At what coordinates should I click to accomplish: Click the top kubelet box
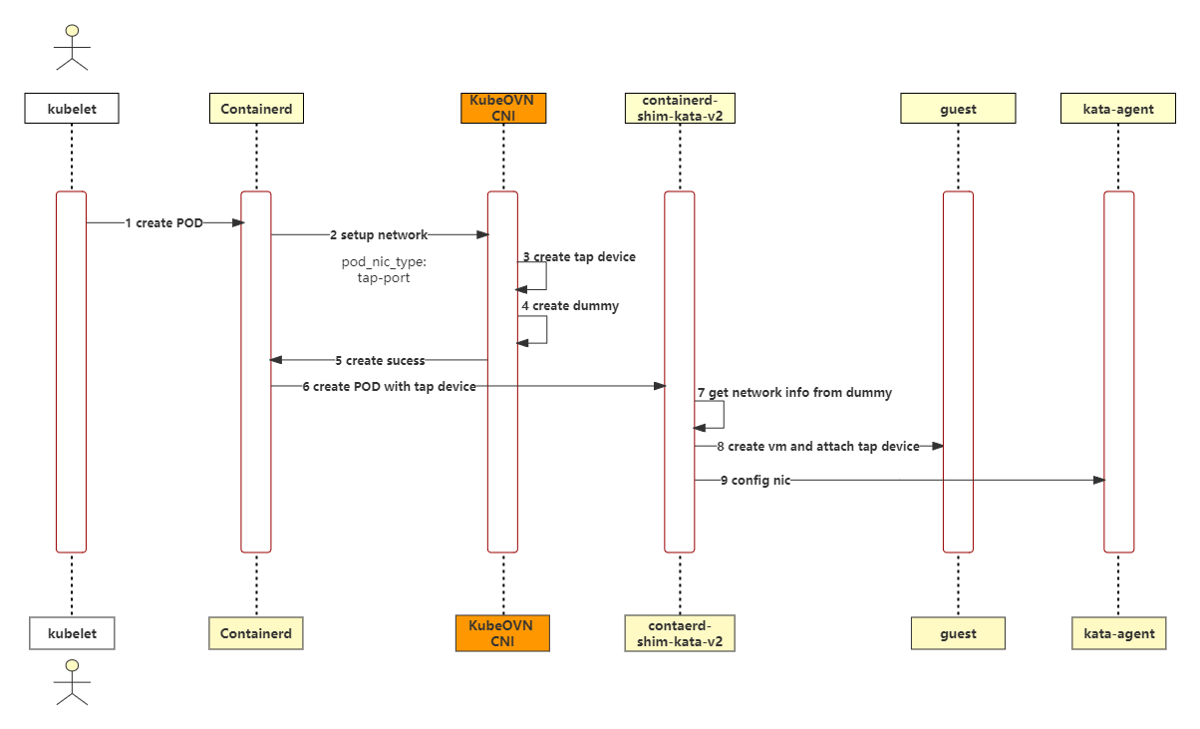pos(72,109)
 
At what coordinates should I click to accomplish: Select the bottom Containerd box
pos(256,633)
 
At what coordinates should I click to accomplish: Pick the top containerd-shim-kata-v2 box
pos(680,108)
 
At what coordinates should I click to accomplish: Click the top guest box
pos(958,109)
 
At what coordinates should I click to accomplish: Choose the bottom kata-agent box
pos(1119,633)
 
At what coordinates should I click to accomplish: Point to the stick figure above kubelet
pos(72,47)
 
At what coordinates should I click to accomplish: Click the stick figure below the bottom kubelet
pos(72,682)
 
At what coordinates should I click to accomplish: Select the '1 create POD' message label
pos(164,223)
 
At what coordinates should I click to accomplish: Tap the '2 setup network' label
pos(379,235)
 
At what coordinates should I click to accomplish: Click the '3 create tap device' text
pos(579,257)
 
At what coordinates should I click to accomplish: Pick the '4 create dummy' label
pos(570,306)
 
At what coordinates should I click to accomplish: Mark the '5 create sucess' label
pos(380,360)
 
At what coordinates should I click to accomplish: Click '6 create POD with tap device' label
pos(389,386)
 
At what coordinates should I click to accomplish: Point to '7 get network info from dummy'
pos(794,393)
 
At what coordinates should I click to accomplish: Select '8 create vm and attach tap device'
pos(817,447)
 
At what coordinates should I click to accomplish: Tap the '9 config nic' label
pos(755,480)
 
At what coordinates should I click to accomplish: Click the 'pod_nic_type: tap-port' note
pos(384,270)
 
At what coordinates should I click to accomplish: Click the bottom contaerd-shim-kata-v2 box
pos(680,633)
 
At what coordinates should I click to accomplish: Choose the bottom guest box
pos(958,633)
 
